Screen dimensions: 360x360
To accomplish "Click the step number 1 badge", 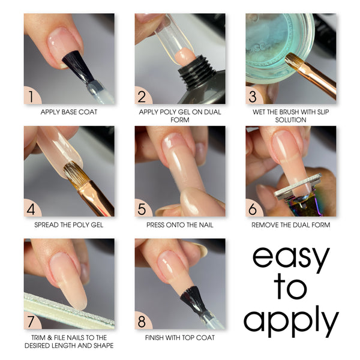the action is [x=32, y=96].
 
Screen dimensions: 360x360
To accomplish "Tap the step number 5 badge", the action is [x=143, y=208].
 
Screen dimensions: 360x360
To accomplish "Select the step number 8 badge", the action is [x=143, y=321].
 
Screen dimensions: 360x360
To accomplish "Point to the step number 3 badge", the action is [x=253, y=96].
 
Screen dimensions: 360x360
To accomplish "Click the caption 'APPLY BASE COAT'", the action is [x=69, y=112].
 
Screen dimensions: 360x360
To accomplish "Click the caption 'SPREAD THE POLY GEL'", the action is [x=69, y=225].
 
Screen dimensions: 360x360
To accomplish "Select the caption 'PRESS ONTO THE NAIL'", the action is [x=180, y=225].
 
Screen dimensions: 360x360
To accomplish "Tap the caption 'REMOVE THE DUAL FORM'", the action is [x=290, y=225].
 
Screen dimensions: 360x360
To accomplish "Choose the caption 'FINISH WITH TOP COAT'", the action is [x=180, y=337].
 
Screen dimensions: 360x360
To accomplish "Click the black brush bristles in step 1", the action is [x=77, y=67].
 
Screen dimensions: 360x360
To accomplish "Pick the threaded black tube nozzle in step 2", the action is [x=197, y=68].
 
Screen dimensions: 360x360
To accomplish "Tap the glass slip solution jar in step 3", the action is [x=278, y=47].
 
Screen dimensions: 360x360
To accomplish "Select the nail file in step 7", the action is [x=69, y=310].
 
